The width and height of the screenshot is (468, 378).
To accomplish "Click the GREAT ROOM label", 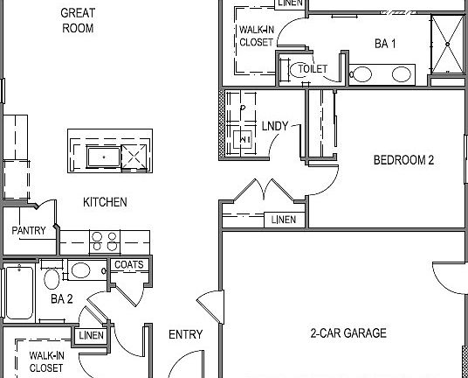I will coord(78,20).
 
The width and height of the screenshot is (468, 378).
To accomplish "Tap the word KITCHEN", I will coord(105,202).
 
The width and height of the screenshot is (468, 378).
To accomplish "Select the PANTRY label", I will coord(27,231).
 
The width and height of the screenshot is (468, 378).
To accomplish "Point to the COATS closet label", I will coord(129,265).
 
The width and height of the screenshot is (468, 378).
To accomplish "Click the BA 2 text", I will coord(62,299).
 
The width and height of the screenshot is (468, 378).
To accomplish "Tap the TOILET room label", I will coord(313,68).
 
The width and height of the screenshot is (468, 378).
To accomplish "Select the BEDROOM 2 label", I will coord(403,160).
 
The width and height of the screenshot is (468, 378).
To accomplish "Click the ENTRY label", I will coord(185,334).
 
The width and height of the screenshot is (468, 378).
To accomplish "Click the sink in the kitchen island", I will coord(103,157).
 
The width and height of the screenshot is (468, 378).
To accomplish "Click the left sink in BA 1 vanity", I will coord(361,74).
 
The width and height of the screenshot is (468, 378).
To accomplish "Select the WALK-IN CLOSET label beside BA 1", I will coord(256,34).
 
